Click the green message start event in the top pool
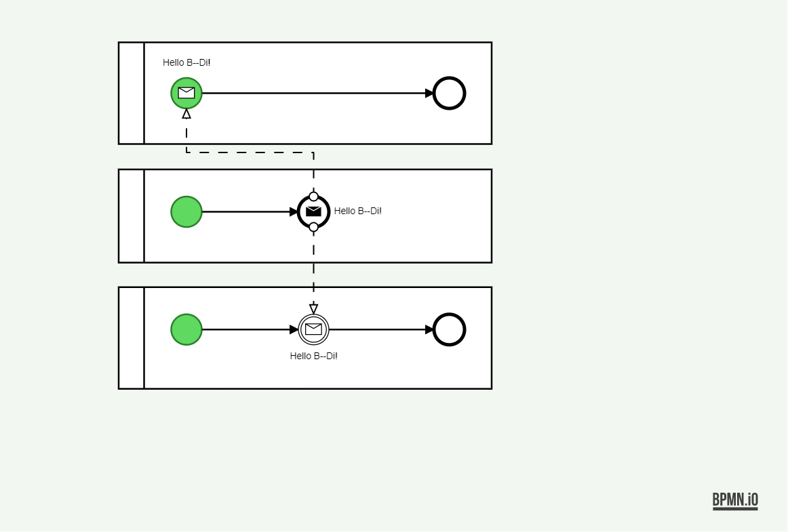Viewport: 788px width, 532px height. pos(186,94)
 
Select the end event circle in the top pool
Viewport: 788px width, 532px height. pos(449,94)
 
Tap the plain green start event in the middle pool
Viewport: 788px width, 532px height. pos(186,212)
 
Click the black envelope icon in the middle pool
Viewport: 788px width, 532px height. pos(313,211)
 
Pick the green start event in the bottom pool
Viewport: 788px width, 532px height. pos(186,330)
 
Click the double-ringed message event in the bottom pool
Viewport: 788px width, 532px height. pos(313,330)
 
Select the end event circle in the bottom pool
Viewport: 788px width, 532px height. pos(449,330)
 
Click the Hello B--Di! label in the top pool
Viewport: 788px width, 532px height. pos(186,62)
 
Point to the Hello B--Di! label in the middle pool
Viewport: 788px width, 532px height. pos(357,211)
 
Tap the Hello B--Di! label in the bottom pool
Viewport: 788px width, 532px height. pos(313,356)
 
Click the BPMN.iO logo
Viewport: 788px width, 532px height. pos(735,501)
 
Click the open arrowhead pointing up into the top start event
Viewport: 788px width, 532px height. pos(186,114)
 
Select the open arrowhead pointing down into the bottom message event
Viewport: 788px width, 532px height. pos(313,309)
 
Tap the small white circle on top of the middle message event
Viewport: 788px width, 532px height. pos(313,197)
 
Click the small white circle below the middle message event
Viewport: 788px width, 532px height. pos(313,227)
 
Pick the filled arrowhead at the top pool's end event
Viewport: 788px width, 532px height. pos(429,94)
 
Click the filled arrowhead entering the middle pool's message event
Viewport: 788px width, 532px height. pos(294,212)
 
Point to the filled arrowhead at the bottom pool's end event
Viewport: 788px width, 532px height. pos(429,330)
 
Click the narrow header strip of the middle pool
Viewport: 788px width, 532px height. pos(132,216)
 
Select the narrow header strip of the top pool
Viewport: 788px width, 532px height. pos(132,94)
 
